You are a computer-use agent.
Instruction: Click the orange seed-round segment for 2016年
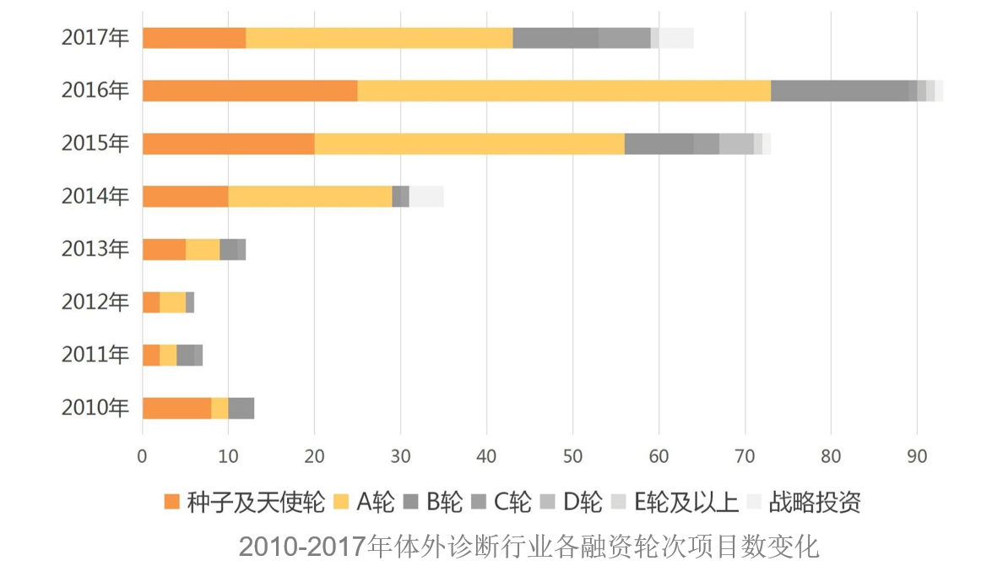pyautogui.click(x=250, y=90)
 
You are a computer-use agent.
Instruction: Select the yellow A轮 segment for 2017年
pyautogui.click(x=379, y=38)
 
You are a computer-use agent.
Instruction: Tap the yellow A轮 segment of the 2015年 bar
pyautogui.click(x=469, y=144)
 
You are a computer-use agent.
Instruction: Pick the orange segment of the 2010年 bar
pyautogui.click(x=176, y=408)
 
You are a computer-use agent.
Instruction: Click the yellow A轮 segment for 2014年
pyautogui.click(x=310, y=196)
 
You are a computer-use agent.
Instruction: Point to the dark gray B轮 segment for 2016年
pyautogui.click(x=839, y=90)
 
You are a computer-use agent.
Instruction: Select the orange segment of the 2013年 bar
pyautogui.click(x=164, y=249)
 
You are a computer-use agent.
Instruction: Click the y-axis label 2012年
pyautogui.click(x=95, y=302)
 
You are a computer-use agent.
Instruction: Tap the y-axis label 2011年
pyautogui.click(x=95, y=355)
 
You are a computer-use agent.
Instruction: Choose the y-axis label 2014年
pyautogui.click(x=95, y=196)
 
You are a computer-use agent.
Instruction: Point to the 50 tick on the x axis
pyautogui.click(x=572, y=456)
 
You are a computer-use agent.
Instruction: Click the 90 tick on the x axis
pyautogui.click(x=917, y=456)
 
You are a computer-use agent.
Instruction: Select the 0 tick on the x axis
pyautogui.click(x=143, y=456)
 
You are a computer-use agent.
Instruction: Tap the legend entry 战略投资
pyautogui.click(x=815, y=503)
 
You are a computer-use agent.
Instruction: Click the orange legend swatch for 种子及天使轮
pyautogui.click(x=172, y=503)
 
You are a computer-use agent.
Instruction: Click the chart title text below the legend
pyautogui.click(x=529, y=547)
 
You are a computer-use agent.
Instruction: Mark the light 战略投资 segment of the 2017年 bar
pyautogui.click(x=676, y=38)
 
